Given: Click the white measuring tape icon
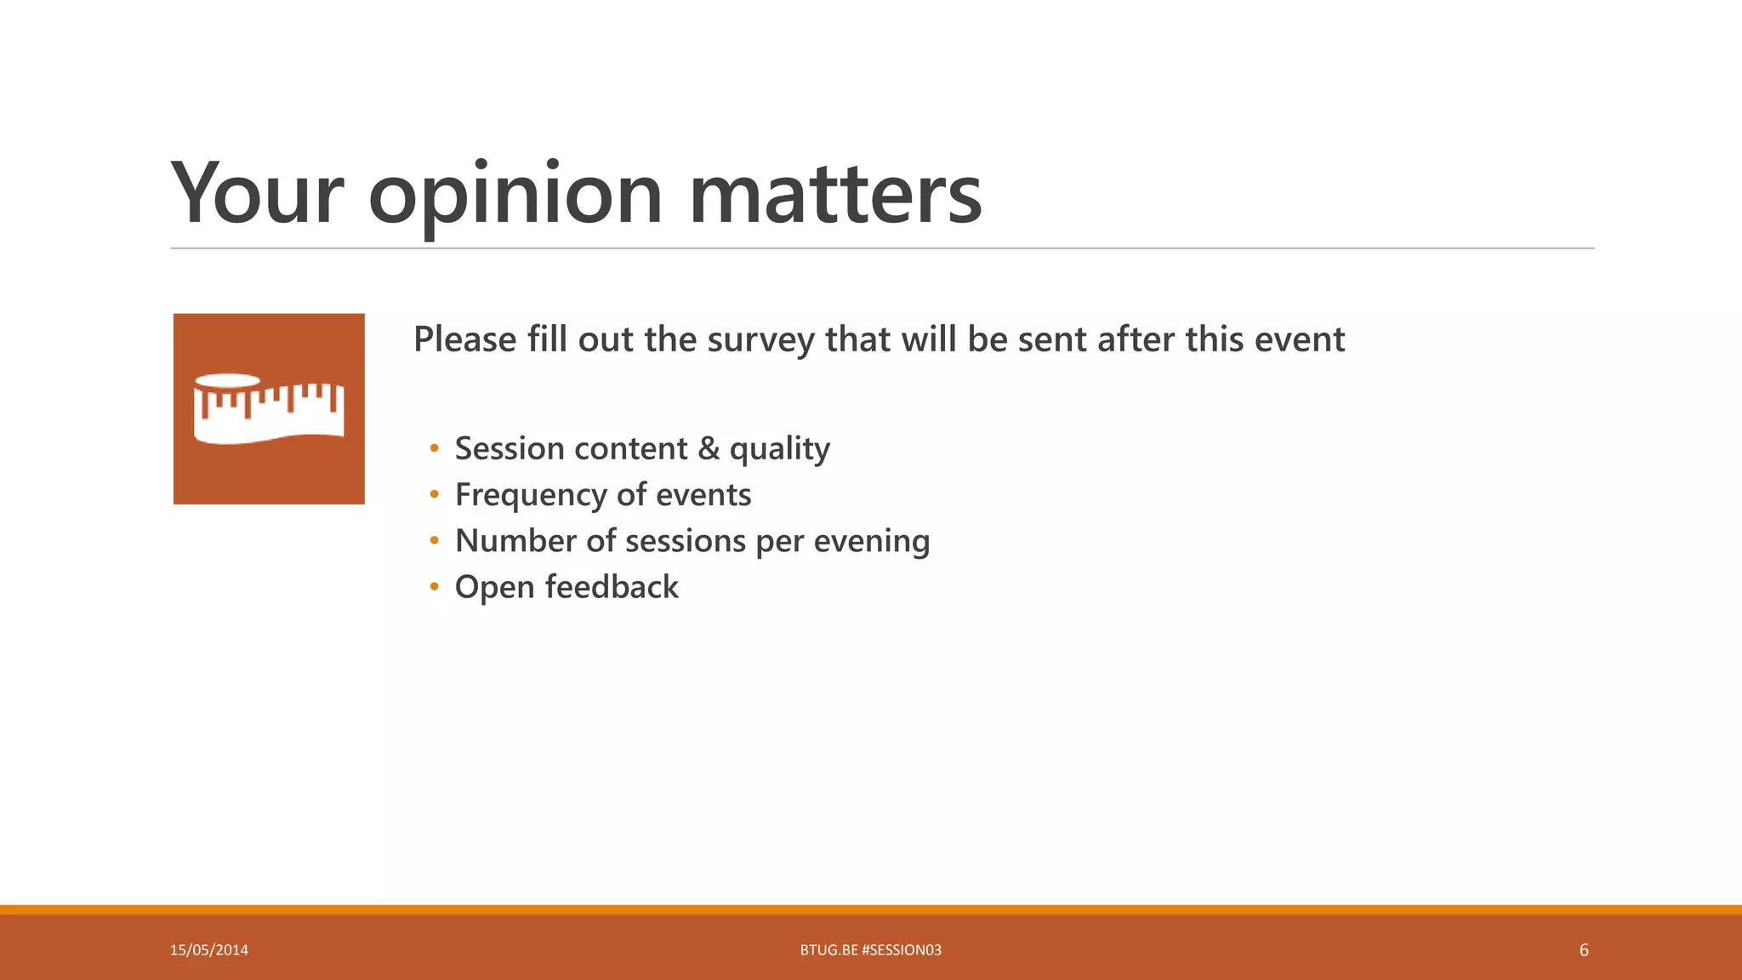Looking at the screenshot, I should (x=269, y=409).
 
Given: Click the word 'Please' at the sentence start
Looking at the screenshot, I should (x=464, y=339).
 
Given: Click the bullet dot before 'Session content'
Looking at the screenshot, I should (x=435, y=448).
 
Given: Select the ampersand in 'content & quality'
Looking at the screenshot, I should (x=709, y=448).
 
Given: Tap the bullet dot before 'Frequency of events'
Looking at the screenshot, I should (x=435, y=495).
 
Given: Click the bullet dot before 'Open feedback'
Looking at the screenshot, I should (x=435, y=587).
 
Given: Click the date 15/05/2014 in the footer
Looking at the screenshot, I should (x=209, y=950).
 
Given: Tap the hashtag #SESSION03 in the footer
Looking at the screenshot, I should (x=901, y=950).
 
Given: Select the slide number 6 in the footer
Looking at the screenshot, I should (x=1584, y=950).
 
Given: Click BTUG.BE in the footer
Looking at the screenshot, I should (x=828, y=950).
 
